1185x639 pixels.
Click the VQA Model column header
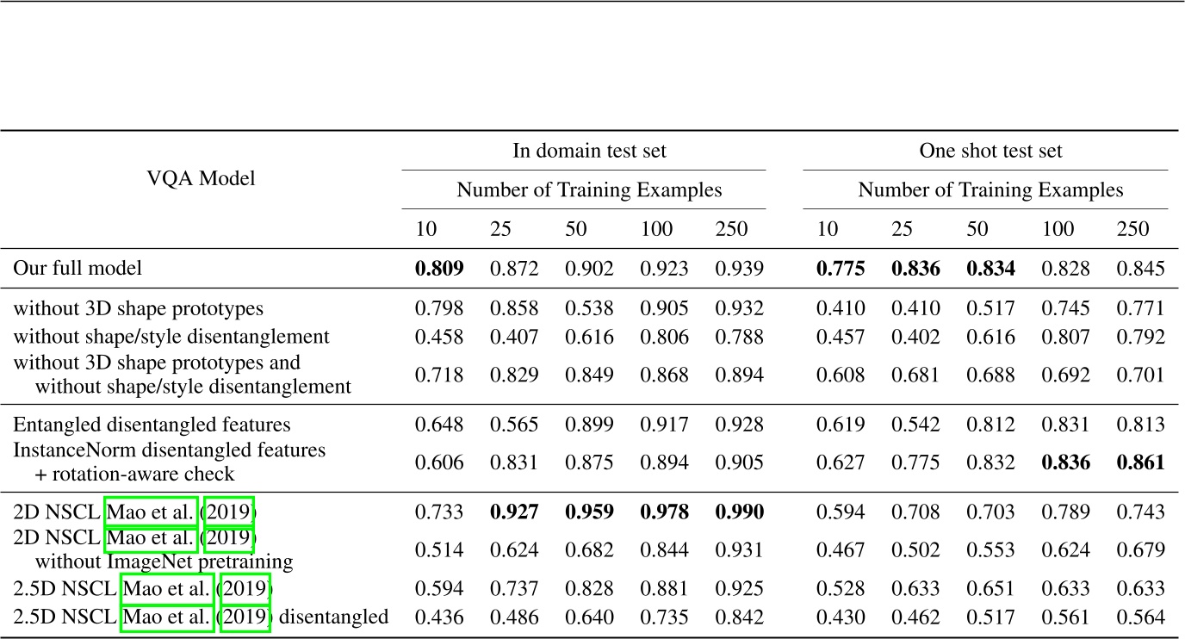pos(201,178)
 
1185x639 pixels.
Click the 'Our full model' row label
pos(78,269)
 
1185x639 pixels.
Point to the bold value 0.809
pos(439,269)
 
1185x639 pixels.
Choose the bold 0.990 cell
pos(739,512)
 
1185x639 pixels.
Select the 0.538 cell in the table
pos(589,308)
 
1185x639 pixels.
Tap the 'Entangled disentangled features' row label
pos(152,425)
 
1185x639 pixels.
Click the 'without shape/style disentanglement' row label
pos(171,336)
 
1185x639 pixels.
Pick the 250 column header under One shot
pos(1133,229)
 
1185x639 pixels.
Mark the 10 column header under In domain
pos(426,229)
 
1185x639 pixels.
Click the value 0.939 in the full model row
pos(739,269)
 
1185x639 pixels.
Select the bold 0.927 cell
pos(514,512)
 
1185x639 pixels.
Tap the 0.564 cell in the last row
pos(1140,617)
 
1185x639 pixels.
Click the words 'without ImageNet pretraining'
pos(164,562)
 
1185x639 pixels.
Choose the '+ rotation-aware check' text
pos(134,475)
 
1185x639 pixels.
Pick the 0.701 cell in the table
pos(1140,375)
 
